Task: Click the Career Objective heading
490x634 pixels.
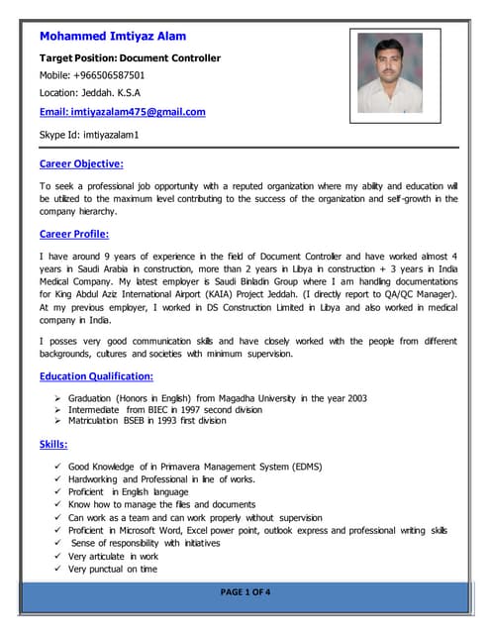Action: coord(81,163)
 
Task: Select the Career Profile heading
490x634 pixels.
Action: coord(74,234)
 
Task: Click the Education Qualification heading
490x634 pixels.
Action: coord(96,376)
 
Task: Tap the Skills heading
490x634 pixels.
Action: coord(53,444)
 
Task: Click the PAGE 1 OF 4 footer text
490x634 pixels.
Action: coord(245,592)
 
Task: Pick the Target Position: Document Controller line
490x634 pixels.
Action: coord(130,57)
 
